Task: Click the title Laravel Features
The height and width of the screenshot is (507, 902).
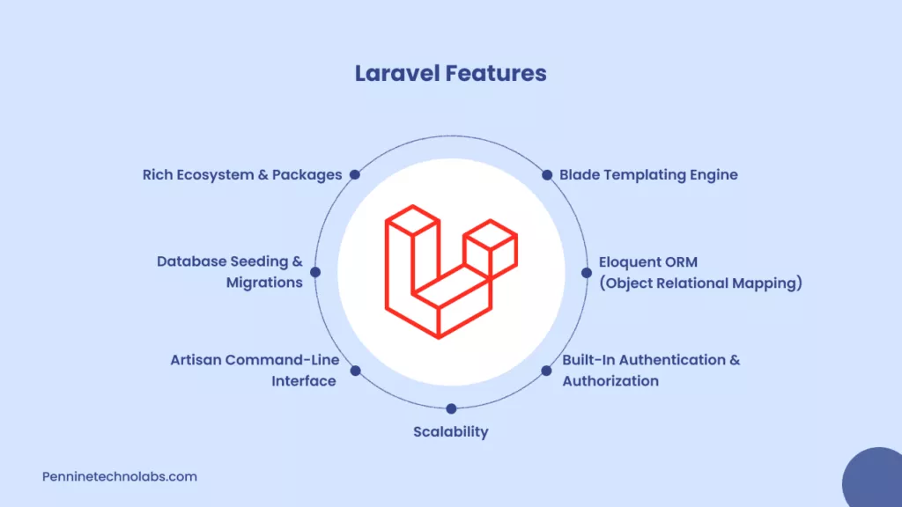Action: (450, 73)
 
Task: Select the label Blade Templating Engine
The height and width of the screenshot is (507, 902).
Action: (648, 174)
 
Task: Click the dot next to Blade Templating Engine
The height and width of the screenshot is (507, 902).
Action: (547, 174)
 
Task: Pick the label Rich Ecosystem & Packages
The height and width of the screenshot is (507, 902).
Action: (242, 174)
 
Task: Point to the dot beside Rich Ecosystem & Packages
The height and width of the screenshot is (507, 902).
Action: (354, 174)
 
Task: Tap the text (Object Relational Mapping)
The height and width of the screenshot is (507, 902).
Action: (700, 283)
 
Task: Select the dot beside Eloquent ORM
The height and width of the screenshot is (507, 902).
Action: (586, 273)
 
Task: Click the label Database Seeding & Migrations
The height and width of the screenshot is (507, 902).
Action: (230, 272)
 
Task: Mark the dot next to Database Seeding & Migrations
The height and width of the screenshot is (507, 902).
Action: (315, 273)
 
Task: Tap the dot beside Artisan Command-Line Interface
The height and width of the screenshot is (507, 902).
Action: (355, 371)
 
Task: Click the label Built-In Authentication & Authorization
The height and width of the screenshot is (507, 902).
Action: (651, 371)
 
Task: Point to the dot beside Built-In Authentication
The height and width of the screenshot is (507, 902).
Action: (547, 371)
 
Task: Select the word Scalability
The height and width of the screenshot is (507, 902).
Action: (450, 431)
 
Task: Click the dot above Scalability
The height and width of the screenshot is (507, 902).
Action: (451, 408)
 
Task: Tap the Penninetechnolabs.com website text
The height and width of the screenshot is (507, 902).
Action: (120, 476)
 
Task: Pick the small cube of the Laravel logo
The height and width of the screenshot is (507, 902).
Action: (491, 248)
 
